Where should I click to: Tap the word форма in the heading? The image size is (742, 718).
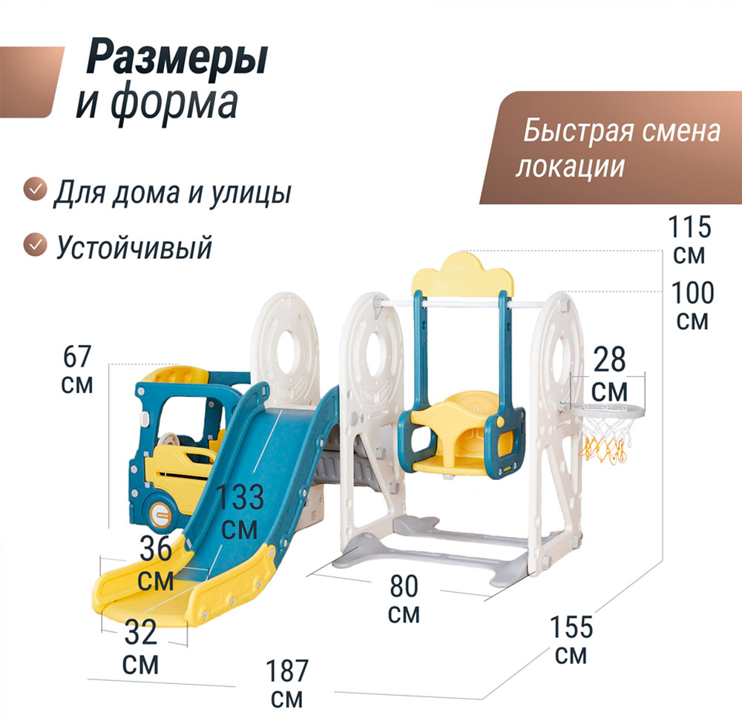click(x=174, y=104)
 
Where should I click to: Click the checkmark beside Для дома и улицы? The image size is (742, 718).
click(x=33, y=190)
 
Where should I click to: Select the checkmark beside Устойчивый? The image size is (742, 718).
click(x=33, y=244)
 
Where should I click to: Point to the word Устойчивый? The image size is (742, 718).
click(x=134, y=246)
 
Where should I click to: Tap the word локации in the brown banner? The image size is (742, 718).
click(x=569, y=166)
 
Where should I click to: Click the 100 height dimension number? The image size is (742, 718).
click(x=692, y=293)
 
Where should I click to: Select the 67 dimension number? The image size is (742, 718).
click(x=77, y=357)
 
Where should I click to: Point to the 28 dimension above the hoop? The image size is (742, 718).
click(x=609, y=360)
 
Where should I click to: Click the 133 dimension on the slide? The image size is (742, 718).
click(x=240, y=498)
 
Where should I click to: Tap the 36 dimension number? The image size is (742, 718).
click(x=156, y=550)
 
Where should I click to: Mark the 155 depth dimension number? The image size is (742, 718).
click(x=571, y=627)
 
